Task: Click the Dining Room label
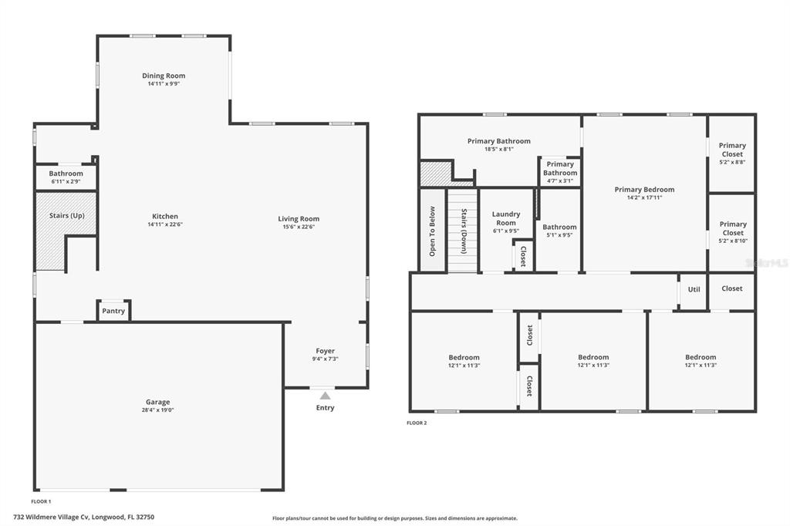pyautogui.click(x=164, y=76)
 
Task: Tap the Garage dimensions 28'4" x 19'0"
pyautogui.click(x=157, y=410)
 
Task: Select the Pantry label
pyautogui.click(x=113, y=311)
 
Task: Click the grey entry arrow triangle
pyautogui.click(x=326, y=396)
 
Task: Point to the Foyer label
pyautogui.click(x=326, y=351)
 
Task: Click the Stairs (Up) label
pyautogui.click(x=67, y=216)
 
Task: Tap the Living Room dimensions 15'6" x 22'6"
pyautogui.click(x=299, y=227)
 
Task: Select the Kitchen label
pyautogui.click(x=165, y=216)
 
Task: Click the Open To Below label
pyautogui.click(x=432, y=231)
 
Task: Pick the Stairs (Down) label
pyautogui.click(x=464, y=231)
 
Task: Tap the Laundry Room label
pyautogui.click(x=506, y=218)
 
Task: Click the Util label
pyautogui.click(x=694, y=289)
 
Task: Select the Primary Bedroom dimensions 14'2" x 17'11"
pyautogui.click(x=644, y=197)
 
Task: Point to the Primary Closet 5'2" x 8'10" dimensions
pyautogui.click(x=733, y=241)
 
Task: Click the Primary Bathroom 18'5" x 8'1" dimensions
pyautogui.click(x=499, y=149)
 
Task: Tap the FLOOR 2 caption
pyautogui.click(x=417, y=423)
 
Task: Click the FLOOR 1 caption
pyautogui.click(x=42, y=501)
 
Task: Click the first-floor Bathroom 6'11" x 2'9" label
pyautogui.click(x=66, y=177)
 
